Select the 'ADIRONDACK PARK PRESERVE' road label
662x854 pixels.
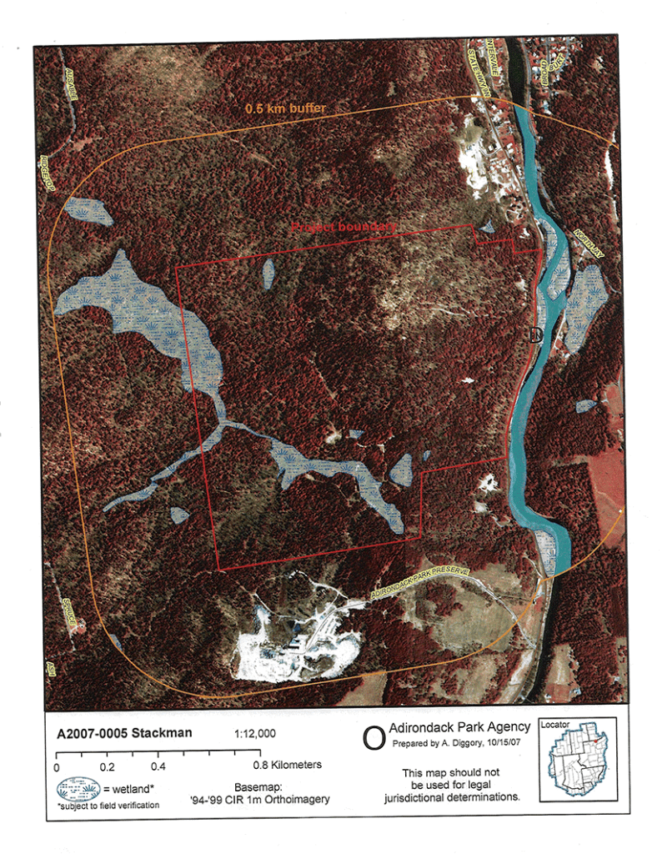click(421, 583)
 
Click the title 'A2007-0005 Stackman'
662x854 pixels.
click(124, 735)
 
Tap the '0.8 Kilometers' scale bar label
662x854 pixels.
click(288, 764)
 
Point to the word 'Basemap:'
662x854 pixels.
click(258, 786)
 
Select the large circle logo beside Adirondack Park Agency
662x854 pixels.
click(375, 736)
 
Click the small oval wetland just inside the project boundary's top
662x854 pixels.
click(268, 273)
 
